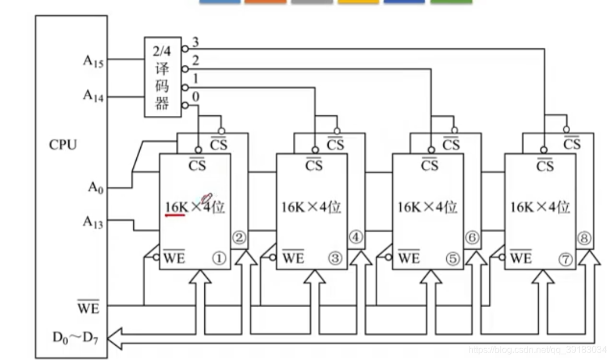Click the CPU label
tap(62, 145)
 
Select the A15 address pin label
tap(93, 61)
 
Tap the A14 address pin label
tap(93, 96)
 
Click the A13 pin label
tap(93, 222)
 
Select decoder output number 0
tap(196, 97)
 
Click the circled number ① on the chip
tap(219, 259)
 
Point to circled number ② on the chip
tap(239, 239)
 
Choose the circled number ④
tap(356, 239)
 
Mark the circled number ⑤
tap(452, 259)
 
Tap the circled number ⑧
tap(584, 239)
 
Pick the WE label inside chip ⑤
tap(409, 258)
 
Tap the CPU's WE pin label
tap(87, 308)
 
